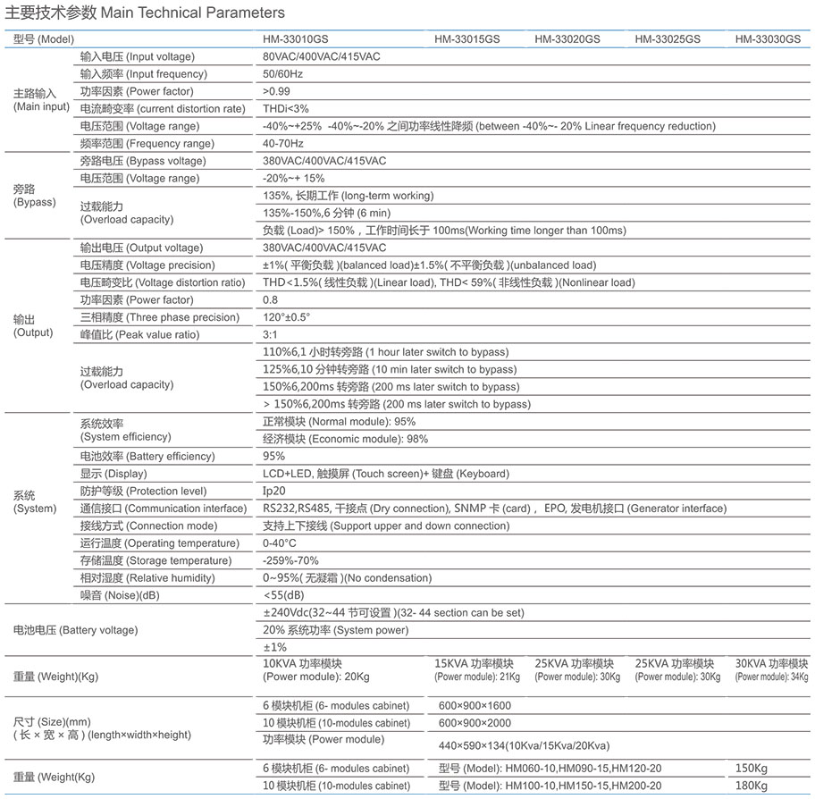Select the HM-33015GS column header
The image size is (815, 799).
pyautogui.click(x=467, y=39)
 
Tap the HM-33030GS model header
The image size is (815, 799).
pyautogui.click(x=768, y=39)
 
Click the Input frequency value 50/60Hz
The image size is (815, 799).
pyautogui.click(x=282, y=74)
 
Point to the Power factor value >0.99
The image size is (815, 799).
pyautogui.click(x=278, y=91)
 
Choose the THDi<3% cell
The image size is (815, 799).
pyautogui.click(x=285, y=109)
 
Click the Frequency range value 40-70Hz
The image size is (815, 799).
pyautogui.click(x=283, y=144)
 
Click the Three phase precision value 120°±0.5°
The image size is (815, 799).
pyautogui.click(x=287, y=317)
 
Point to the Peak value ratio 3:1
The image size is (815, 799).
pyautogui.click(x=270, y=335)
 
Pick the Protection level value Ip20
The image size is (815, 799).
pyautogui.click(x=273, y=492)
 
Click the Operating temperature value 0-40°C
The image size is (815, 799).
pyautogui.click(x=280, y=543)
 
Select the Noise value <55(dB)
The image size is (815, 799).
pyautogui.click(x=284, y=595)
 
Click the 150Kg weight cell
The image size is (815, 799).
pyautogui.click(x=752, y=769)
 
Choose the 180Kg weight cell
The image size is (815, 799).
pyautogui.click(x=752, y=786)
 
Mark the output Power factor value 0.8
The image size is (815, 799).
pyautogui.click(x=270, y=300)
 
